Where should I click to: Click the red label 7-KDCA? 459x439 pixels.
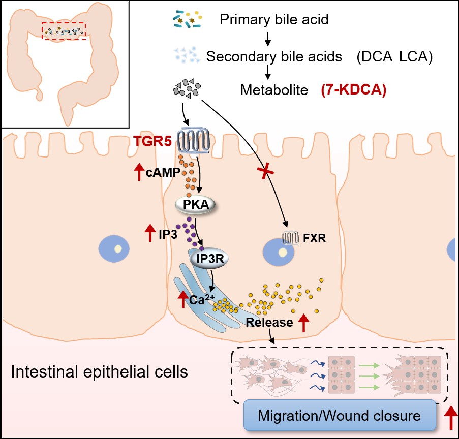tap(354, 91)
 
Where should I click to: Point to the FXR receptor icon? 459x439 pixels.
tap(290, 237)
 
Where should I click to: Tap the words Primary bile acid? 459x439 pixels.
tap(274, 21)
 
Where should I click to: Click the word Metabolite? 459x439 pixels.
tap(274, 91)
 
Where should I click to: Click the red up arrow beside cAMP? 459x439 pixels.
tap(138, 172)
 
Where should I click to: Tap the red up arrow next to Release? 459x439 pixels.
tap(304, 323)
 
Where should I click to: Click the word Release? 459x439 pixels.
tap(269, 322)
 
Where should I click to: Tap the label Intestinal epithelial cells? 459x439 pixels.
tap(100, 372)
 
